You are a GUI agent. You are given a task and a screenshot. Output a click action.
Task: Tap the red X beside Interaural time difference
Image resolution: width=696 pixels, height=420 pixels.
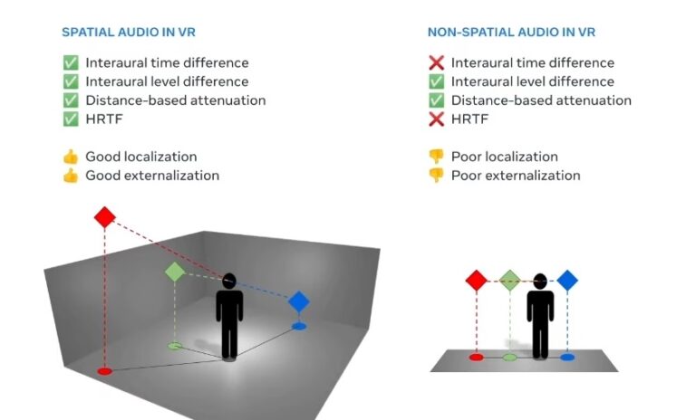point(436,63)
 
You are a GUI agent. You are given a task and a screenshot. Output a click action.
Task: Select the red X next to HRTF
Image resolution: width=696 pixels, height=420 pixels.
point(436,119)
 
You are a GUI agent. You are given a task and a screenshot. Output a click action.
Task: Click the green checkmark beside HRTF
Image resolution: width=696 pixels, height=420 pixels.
point(70,119)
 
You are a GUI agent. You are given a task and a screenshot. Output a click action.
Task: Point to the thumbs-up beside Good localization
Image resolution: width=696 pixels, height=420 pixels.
point(70,157)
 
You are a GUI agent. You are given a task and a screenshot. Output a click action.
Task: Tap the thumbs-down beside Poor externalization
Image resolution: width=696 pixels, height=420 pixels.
point(436,176)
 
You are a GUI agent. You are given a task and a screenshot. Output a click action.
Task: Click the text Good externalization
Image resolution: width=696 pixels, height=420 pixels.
point(152,176)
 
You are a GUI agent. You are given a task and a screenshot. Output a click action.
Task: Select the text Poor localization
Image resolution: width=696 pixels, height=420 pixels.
point(504,157)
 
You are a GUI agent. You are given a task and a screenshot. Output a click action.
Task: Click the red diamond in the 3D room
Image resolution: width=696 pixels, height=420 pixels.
point(105,217)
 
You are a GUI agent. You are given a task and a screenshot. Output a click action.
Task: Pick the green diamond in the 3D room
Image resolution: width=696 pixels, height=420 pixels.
point(175,272)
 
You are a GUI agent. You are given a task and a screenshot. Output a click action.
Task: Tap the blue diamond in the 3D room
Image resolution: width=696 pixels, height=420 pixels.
point(299,301)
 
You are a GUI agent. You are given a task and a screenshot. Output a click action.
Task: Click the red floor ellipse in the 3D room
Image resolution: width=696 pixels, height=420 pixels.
point(104,370)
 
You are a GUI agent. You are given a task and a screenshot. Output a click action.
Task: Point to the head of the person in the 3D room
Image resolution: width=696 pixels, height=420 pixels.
point(229,282)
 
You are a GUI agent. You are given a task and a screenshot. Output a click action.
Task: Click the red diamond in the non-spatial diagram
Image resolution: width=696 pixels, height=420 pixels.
point(477,280)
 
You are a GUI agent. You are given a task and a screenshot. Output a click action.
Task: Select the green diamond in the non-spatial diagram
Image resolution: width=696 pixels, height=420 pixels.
point(510,280)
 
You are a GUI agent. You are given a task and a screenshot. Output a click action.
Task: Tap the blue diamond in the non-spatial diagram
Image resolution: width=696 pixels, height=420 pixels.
point(567,280)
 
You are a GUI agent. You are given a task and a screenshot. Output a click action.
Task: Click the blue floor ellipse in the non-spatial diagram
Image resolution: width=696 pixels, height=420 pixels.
point(567,358)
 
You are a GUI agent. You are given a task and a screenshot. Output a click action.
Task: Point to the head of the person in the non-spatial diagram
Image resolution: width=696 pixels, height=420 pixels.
point(541,282)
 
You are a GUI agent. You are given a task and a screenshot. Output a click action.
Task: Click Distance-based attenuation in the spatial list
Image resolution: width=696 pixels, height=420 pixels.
point(176,100)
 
